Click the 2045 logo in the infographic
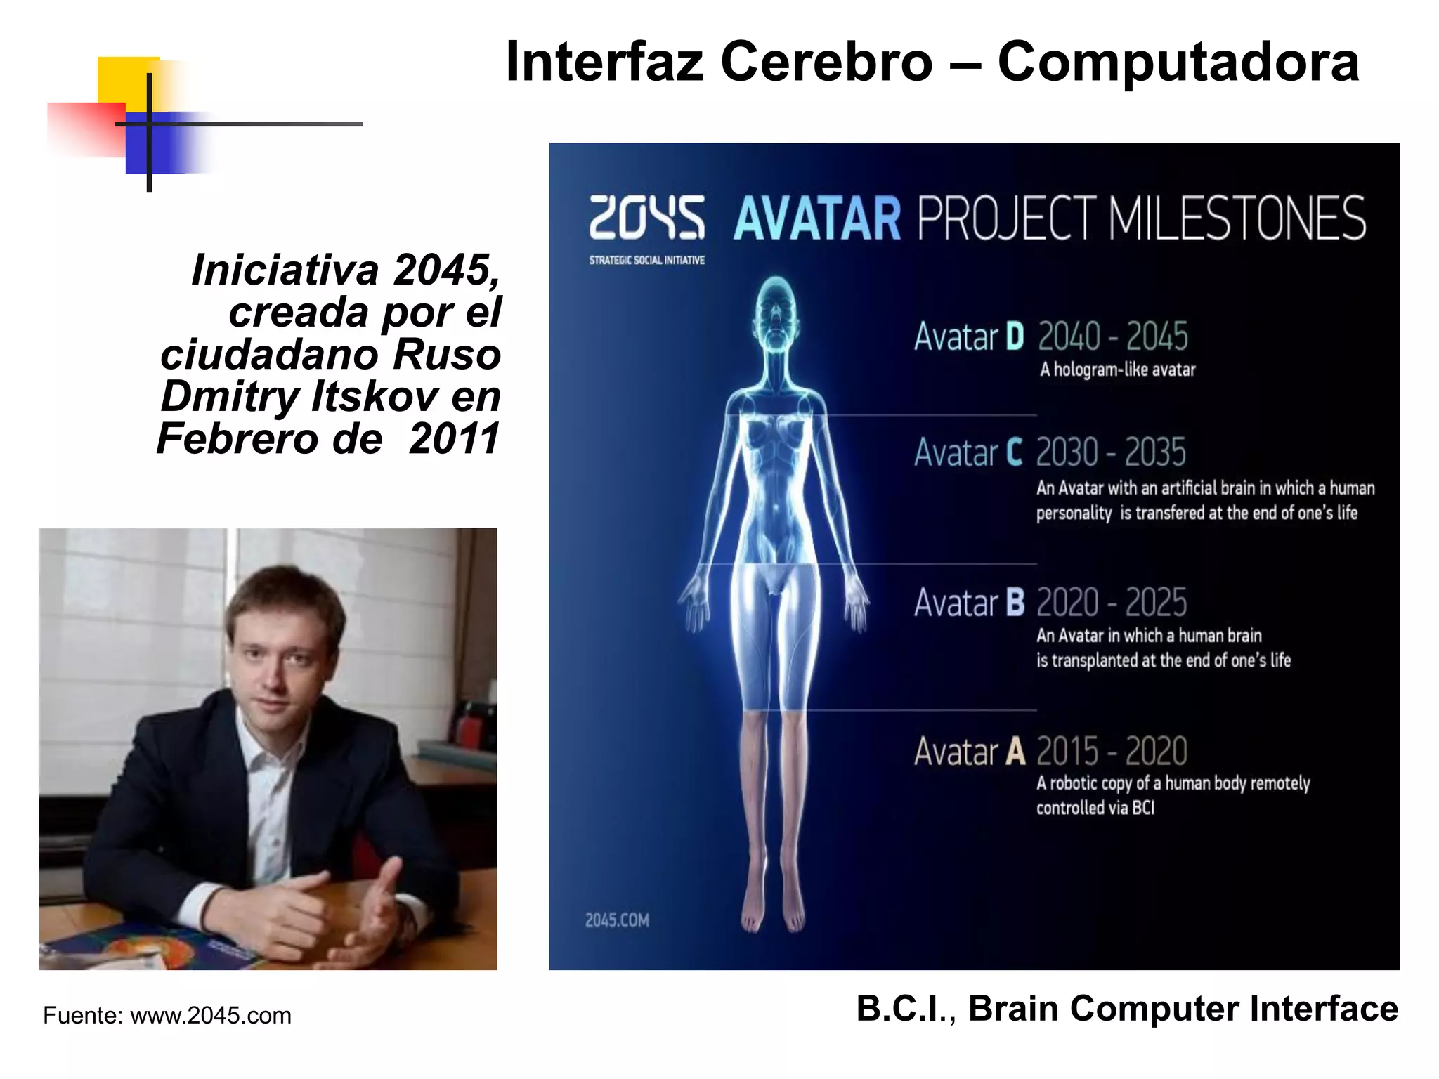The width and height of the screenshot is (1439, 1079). tap(646, 217)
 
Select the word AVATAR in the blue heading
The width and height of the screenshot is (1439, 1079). tap(816, 218)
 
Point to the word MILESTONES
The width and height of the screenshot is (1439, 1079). tap(1237, 218)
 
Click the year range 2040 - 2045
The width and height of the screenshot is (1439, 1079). tap(1112, 336)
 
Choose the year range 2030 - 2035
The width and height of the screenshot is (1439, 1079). tap(1111, 452)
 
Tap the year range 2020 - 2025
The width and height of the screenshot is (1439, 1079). tap(1112, 603)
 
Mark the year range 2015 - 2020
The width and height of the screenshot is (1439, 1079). tap(1112, 752)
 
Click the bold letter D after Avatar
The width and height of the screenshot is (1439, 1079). tap(1015, 336)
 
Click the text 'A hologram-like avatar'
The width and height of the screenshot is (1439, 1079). tap(1117, 370)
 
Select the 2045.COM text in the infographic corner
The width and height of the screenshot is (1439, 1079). tap(617, 920)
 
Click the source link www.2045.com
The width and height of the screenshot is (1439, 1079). tap(211, 1016)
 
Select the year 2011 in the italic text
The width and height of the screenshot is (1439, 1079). tap(454, 439)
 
